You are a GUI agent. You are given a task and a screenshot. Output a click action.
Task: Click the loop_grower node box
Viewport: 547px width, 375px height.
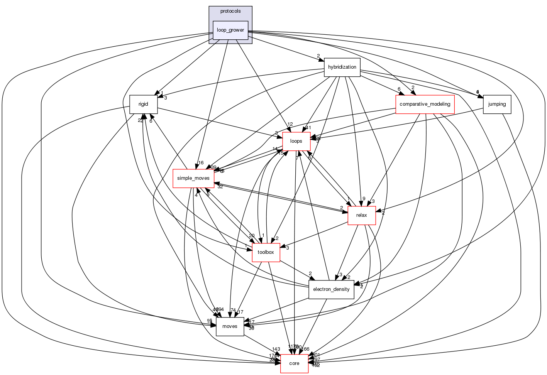click(x=230, y=30)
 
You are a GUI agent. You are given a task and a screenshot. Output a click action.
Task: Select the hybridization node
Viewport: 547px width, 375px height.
click(x=342, y=67)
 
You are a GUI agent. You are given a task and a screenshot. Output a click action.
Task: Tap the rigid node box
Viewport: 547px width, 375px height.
click(x=143, y=104)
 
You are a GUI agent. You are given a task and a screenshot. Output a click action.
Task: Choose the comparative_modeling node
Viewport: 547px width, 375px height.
click(x=425, y=104)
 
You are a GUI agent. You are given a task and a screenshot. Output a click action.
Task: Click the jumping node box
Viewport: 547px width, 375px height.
click(x=497, y=104)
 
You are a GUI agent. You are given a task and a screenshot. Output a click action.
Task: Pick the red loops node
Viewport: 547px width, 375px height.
click(x=296, y=141)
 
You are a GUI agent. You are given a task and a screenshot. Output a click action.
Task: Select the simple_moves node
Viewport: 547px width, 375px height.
click(x=193, y=178)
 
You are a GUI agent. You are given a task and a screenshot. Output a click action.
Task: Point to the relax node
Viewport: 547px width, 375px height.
click(x=362, y=215)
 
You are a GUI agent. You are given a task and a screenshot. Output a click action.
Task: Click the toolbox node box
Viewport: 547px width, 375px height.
click(x=266, y=252)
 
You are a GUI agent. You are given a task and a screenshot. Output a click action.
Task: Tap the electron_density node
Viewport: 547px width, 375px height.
click(x=331, y=289)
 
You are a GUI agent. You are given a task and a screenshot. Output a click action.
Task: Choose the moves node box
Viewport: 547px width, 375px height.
click(x=230, y=326)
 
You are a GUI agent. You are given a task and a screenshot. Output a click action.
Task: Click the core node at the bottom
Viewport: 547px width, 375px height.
click(x=294, y=363)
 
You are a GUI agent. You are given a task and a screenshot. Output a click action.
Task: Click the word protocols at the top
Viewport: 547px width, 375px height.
click(x=230, y=11)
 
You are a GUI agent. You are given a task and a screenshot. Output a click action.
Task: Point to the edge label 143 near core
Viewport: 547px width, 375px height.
click(x=276, y=349)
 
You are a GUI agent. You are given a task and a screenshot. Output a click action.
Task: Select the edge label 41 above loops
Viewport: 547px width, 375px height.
click(x=308, y=128)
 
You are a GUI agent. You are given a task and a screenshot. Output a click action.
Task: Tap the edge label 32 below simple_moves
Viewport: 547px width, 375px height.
click(x=220, y=187)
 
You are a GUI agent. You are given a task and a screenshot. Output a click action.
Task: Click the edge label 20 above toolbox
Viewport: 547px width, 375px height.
click(x=252, y=236)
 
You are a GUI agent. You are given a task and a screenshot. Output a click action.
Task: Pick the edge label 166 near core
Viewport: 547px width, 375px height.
click(x=305, y=349)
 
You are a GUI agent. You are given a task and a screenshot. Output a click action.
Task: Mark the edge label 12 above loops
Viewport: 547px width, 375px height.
click(x=290, y=124)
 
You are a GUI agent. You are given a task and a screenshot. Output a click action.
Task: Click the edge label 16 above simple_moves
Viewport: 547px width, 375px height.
click(x=201, y=163)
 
